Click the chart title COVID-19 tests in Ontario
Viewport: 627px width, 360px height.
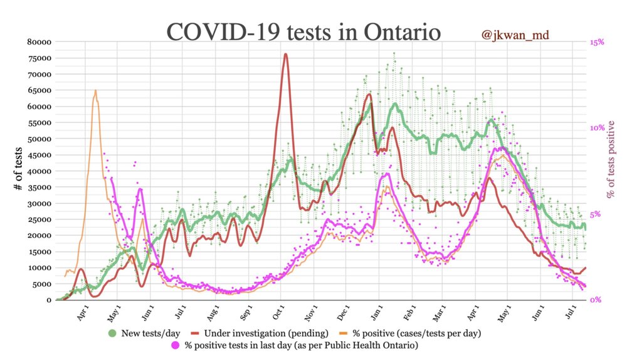click(304, 31)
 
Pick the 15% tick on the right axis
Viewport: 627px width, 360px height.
click(596, 42)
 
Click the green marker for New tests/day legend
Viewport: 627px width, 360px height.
click(113, 332)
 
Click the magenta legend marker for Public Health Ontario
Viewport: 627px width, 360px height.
click(176, 344)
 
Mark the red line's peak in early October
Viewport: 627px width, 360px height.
click(285, 54)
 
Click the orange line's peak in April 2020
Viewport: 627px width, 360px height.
click(95, 90)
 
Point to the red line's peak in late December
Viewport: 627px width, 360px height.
click(370, 95)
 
